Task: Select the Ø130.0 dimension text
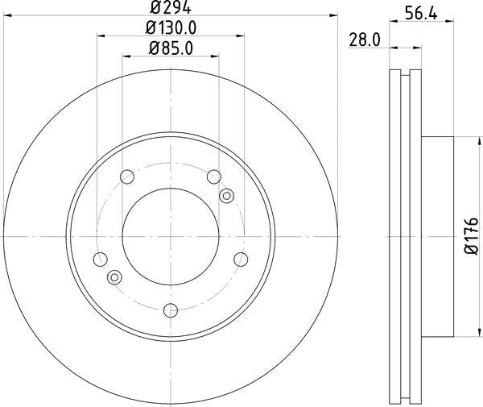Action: pos(170,28)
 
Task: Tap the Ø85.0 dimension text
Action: pos(170,48)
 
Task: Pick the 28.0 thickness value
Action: pos(364,40)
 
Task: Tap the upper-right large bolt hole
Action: pos(213,177)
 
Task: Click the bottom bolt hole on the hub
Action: pos(170,309)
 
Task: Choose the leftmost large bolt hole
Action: pos(101,259)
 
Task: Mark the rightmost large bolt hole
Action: pos(240,259)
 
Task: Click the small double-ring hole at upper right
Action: pos(226,194)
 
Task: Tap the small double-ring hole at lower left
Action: pos(114,277)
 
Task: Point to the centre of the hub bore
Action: pos(170,236)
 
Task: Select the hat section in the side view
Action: pos(436,236)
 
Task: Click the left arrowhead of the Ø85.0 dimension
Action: pos(125,55)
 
